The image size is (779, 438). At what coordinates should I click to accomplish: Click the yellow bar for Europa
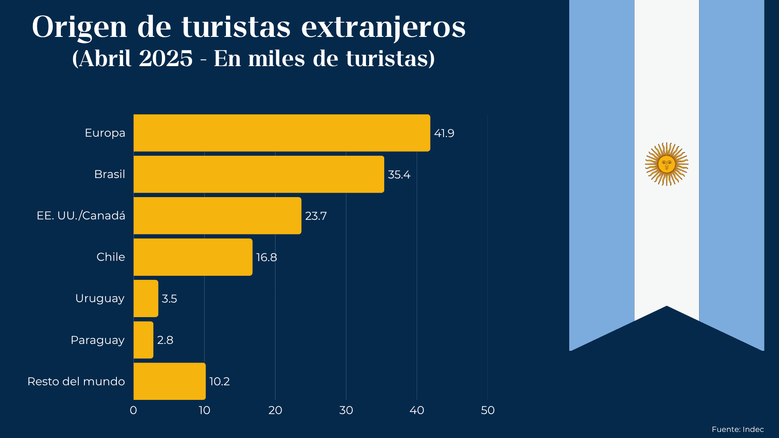tap(282, 133)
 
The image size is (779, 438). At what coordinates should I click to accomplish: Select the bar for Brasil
tap(258, 174)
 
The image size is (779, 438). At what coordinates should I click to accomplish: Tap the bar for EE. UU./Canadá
tap(217, 216)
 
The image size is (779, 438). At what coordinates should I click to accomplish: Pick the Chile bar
tap(193, 257)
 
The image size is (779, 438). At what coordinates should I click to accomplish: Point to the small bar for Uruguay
tap(146, 298)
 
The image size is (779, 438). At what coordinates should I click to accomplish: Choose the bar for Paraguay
tap(143, 340)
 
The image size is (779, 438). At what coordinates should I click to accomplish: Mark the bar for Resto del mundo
tap(169, 381)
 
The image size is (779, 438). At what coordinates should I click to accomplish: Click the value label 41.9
tap(444, 133)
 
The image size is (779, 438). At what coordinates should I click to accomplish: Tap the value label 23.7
tap(316, 216)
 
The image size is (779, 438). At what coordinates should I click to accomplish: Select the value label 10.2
tap(219, 382)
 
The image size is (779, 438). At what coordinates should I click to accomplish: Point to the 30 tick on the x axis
tap(346, 410)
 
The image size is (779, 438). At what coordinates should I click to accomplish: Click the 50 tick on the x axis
tap(488, 410)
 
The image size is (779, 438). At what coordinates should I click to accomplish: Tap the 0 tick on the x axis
tap(133, 410)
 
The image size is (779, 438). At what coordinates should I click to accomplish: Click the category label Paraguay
tap(97, 340)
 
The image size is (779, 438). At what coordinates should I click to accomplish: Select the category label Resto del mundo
tap(76, 382)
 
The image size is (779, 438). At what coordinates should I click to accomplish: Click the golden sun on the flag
tap(667, 164)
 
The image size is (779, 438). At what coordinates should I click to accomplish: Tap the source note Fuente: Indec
tap(738, 429)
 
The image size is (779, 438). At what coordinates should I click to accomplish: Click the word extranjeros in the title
tap(383, 28)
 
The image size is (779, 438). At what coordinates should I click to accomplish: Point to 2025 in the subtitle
tap(166, 59)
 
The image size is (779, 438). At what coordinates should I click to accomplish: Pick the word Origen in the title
tap(80, 28)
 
